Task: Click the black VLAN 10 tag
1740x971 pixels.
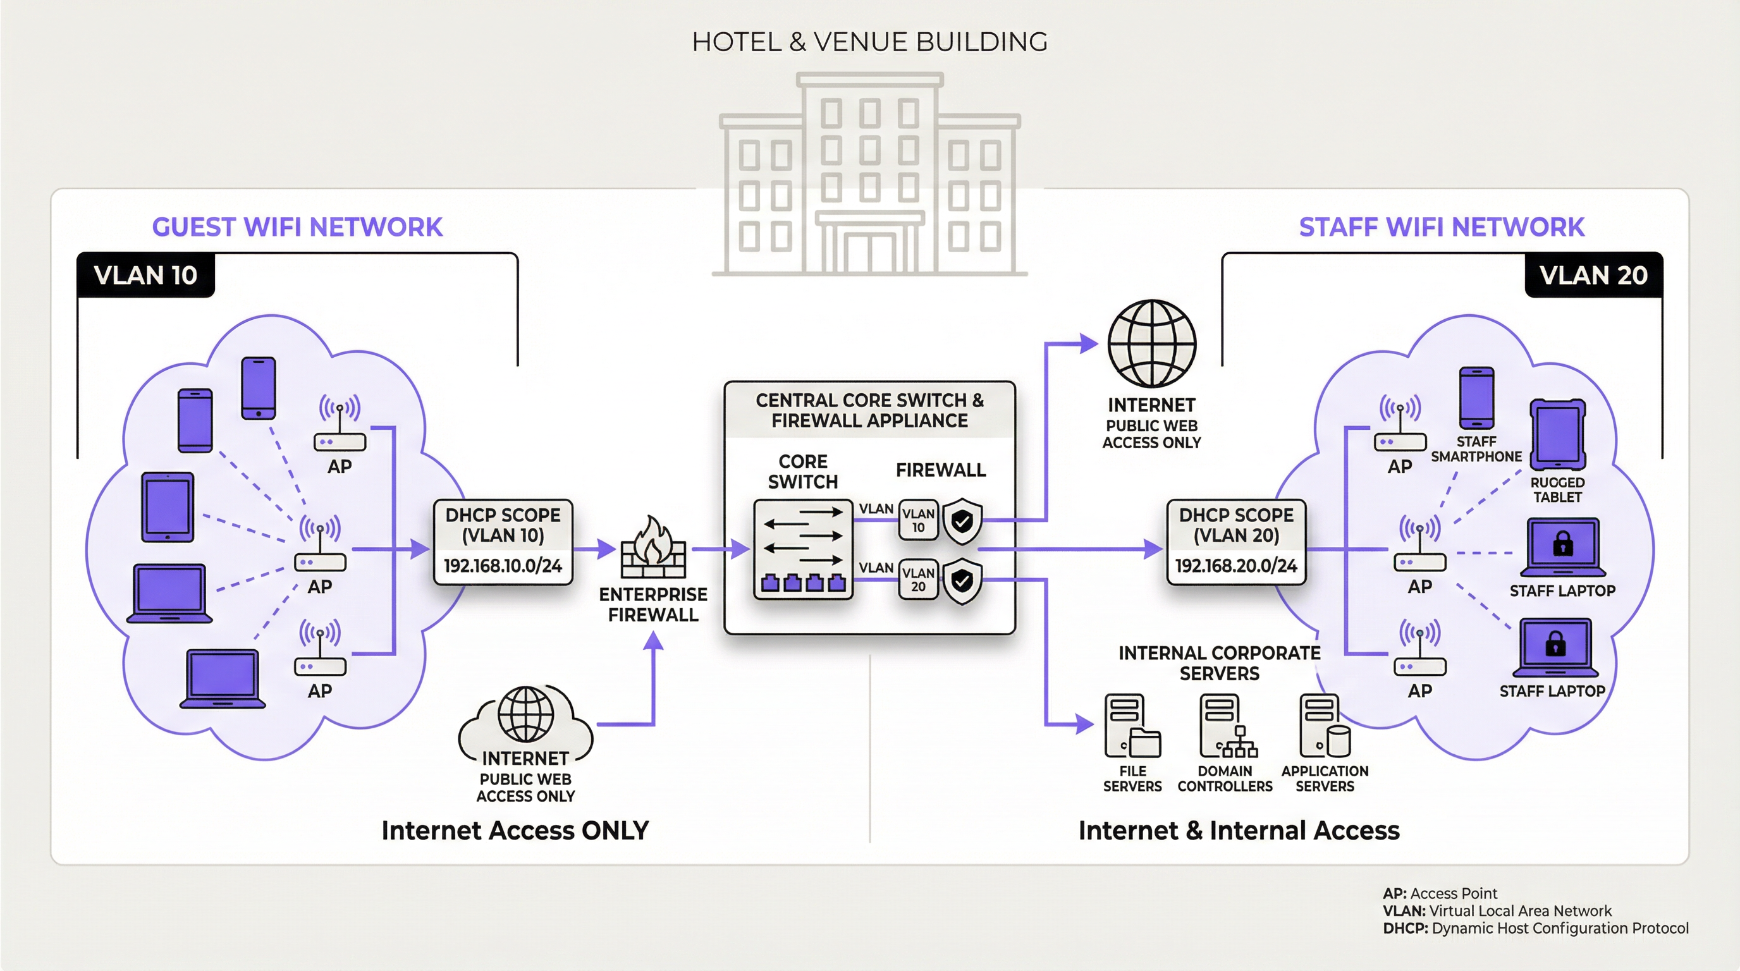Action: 145,275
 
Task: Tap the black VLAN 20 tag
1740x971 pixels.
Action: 1593,275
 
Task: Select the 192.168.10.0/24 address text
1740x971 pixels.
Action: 503,566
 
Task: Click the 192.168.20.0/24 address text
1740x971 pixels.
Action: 1235,566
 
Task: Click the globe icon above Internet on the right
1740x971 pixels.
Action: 1151,344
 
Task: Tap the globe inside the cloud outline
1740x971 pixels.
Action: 525,714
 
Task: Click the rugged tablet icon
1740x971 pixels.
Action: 1558,434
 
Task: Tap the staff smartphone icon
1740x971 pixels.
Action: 1476,398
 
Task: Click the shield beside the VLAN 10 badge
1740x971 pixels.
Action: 962,521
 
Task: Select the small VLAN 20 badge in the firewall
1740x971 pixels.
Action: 918,579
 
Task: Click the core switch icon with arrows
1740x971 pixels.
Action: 802,549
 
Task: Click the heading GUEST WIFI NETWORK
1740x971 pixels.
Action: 297,227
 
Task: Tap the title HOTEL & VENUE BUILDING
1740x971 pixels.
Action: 869,42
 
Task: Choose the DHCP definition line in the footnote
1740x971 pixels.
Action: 1535,929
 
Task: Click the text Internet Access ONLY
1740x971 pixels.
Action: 515,830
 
